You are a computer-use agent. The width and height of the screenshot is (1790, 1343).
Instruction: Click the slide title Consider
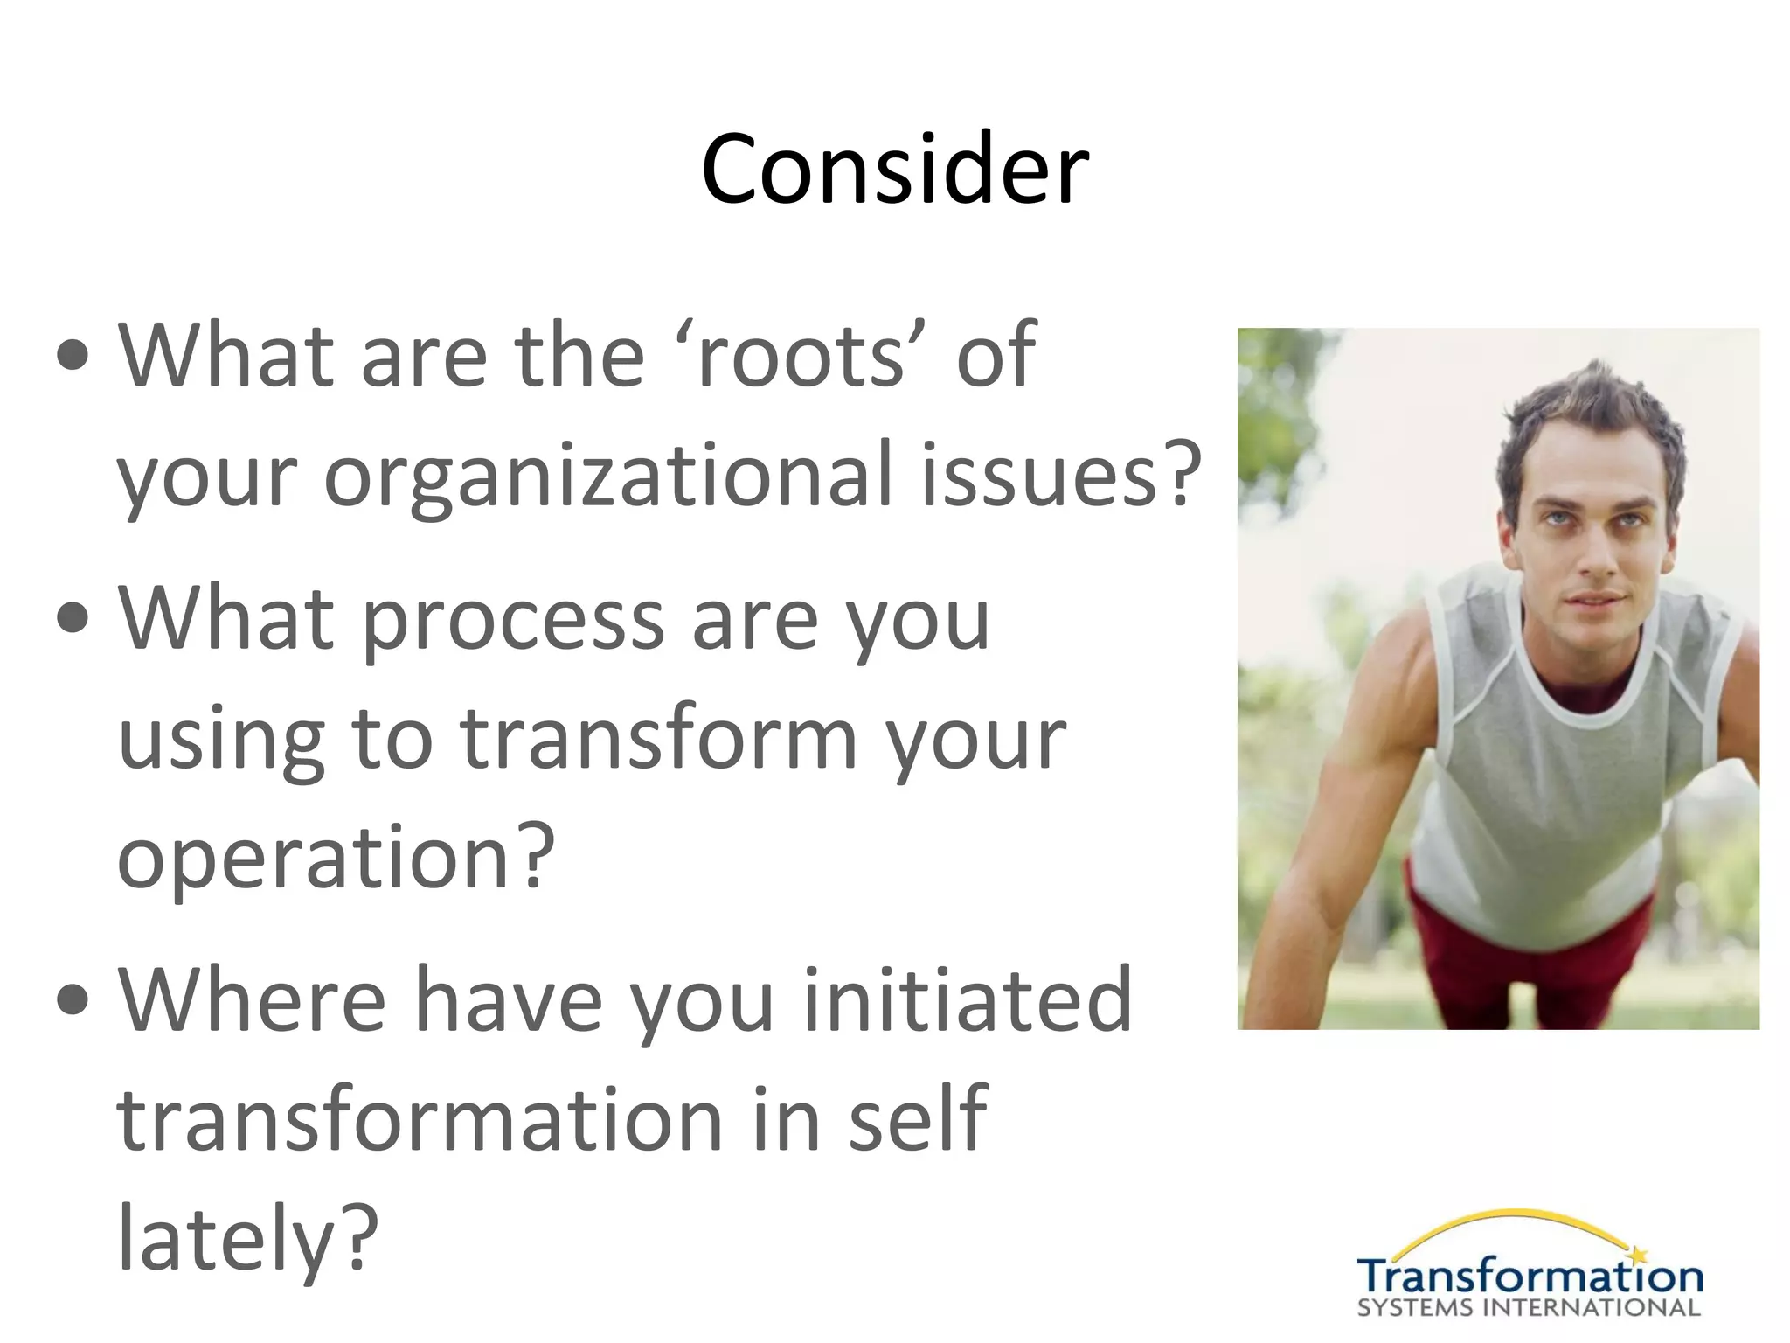click(x=894, y=169)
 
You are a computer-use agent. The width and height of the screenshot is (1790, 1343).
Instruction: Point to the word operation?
click(x=336, y=859)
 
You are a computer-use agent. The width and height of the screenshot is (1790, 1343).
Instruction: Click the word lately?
click(x=247, y=1239)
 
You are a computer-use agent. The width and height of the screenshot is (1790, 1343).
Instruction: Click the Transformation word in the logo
click(x=1530, y=1277)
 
